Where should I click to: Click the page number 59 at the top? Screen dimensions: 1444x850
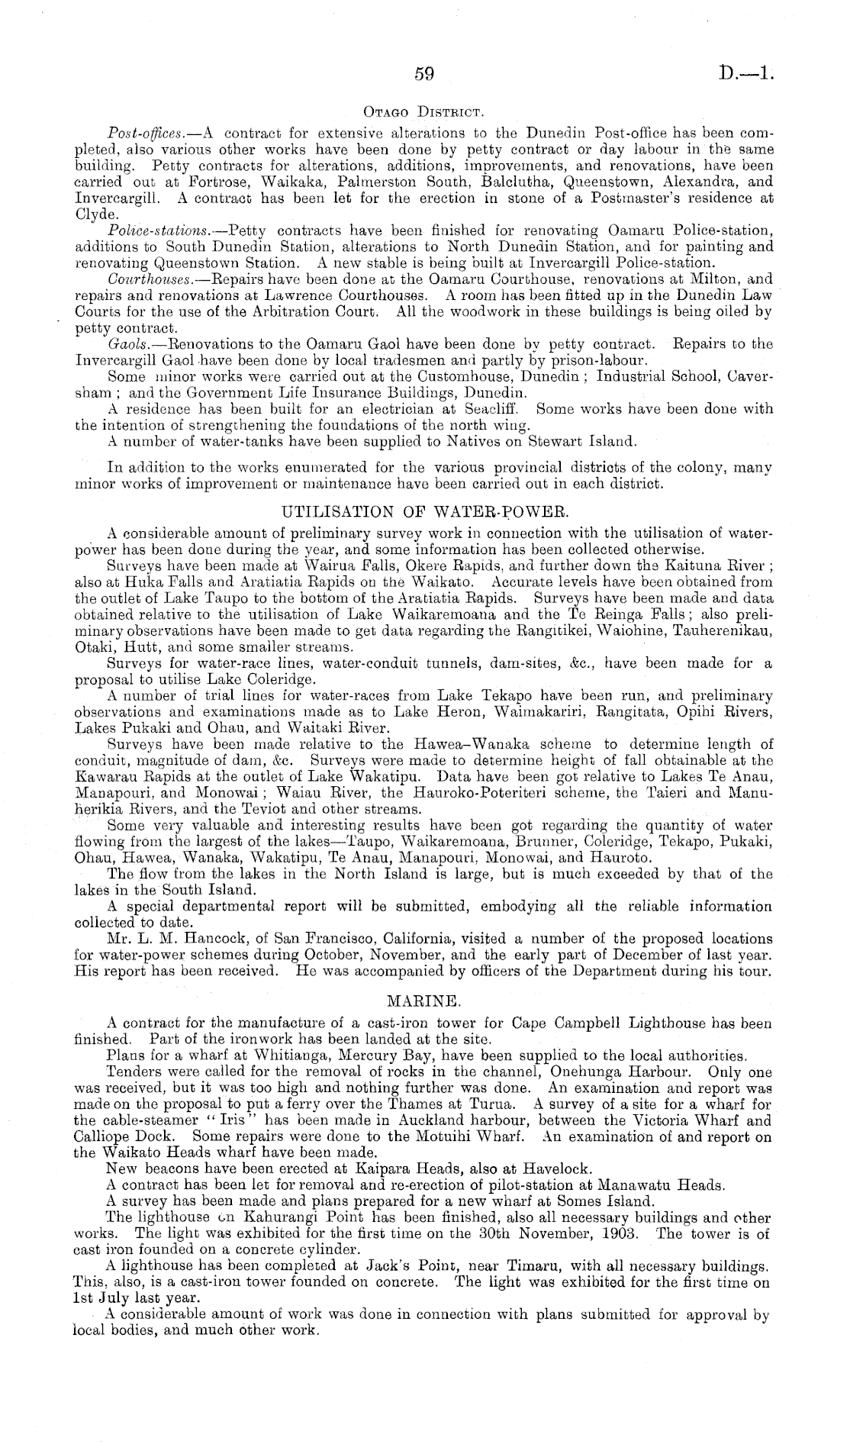423,74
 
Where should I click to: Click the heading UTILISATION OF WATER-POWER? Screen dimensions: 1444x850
424,512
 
